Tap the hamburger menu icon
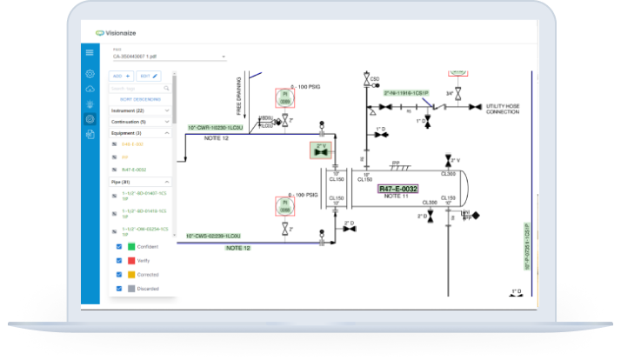(x=90, y=53)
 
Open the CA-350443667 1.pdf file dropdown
(x=169, y=57)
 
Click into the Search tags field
(x=139, y=89)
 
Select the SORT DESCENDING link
(x=140, y=100)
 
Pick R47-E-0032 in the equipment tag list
(x=134, y=170)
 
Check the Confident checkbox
(x=118, y=247)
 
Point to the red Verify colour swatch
(x=131, y=260)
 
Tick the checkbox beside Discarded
(x=118, y=288)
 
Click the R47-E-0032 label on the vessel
(x=397, y=188)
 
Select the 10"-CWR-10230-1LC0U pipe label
(x=218, y=127)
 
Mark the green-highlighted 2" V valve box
(x=322, y=150)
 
